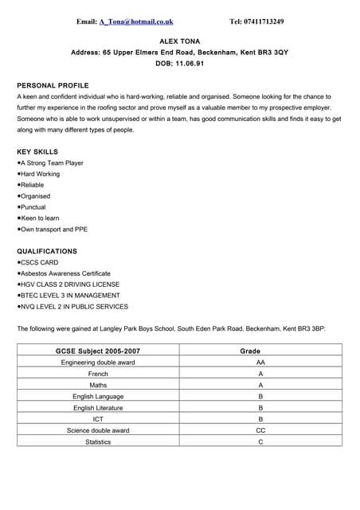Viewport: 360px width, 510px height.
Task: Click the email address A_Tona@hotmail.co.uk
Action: point(136,22)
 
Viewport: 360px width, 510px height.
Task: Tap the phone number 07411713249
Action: point(264,22)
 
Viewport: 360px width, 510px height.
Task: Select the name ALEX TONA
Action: point(180,40)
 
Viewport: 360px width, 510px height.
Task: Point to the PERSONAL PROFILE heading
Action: point(53,85)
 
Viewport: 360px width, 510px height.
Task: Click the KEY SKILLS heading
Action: point(37,151)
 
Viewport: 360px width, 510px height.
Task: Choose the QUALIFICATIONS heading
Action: point(47,251)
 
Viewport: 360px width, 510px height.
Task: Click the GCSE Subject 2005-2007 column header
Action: point(98,351)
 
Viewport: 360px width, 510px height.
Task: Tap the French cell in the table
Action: point(98,374)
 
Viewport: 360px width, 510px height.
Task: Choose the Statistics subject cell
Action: point(98,441)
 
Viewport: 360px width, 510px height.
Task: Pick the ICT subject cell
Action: point(98,419)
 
